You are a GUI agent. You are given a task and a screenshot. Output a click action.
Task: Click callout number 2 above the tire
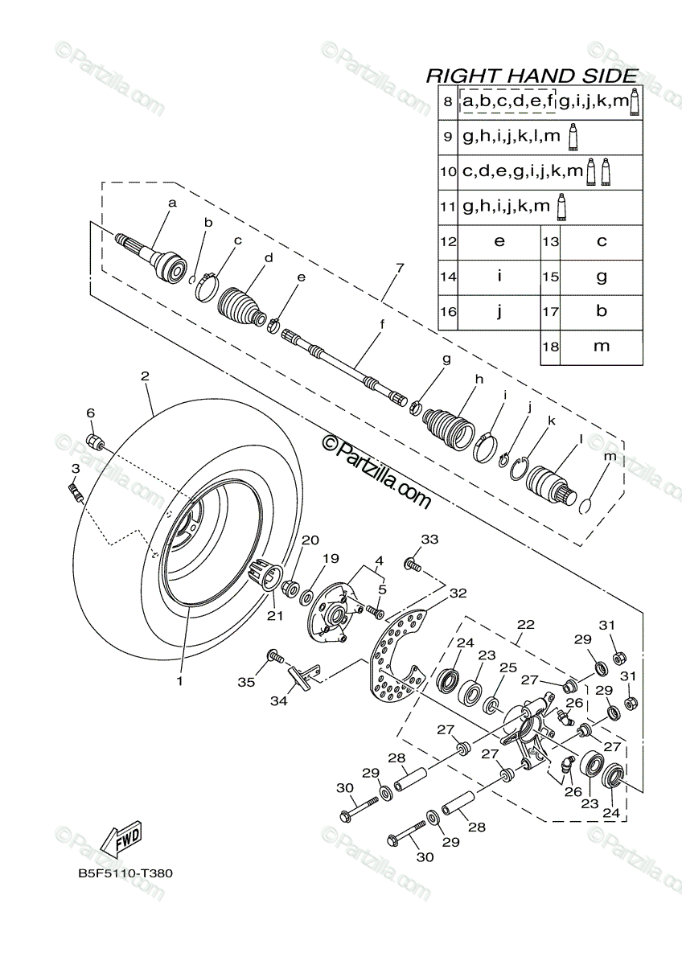coord(145,376)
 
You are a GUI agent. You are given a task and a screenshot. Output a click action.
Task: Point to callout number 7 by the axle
coord(400,268)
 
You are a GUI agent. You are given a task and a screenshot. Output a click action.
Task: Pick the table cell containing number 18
coord(550,346)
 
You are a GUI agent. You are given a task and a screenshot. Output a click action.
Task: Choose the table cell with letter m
coord(602,346)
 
